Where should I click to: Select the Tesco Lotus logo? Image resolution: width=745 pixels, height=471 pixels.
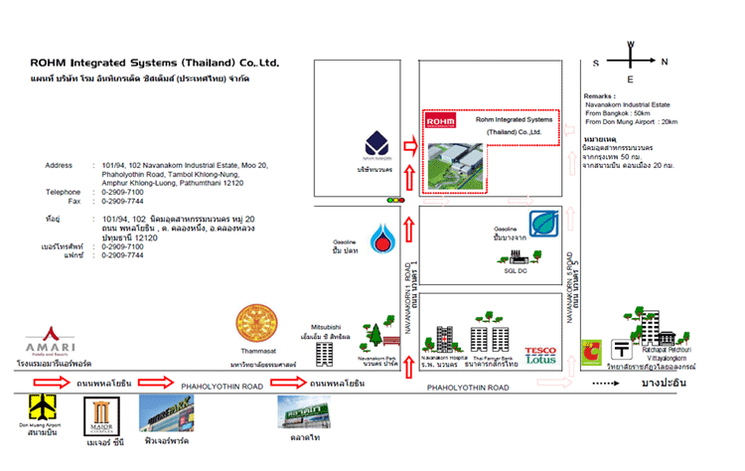point(541,354)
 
